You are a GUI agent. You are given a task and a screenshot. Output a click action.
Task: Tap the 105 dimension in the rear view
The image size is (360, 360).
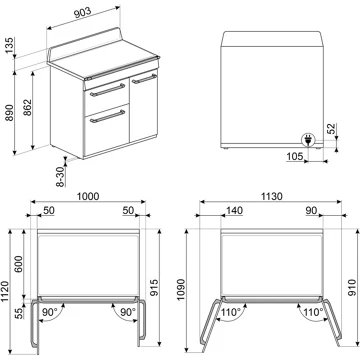coord(294,157)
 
